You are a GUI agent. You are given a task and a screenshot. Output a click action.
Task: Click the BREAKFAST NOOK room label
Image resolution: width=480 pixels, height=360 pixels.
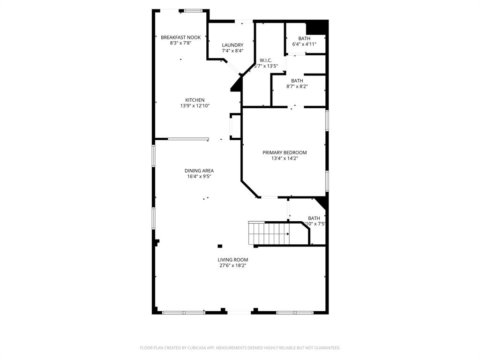pyautogui.click(x=180, y=37)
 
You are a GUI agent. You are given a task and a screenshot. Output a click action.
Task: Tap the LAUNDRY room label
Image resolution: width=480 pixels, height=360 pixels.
pyautogui.click(x=232, y=45)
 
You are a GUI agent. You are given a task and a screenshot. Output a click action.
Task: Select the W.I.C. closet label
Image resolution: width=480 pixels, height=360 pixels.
pyautogui.click(x=266, y=60)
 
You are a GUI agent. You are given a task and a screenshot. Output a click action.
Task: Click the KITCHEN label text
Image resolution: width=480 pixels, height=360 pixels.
pyautogui.click(x=195, y=100)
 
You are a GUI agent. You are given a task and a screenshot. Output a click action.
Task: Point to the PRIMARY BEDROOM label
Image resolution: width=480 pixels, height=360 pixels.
pyautogui.click(x=285, y=152)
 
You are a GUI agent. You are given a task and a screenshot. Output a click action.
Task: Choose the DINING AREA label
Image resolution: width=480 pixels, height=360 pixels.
pyautogui.click(x=199, y=171)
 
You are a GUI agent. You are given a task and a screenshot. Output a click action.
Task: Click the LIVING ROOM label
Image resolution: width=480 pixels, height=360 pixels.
pyautogui.click(x=232, y=260)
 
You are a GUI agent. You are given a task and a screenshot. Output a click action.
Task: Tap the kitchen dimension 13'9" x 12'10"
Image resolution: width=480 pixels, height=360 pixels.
pyautogui.click(x=195, y=106)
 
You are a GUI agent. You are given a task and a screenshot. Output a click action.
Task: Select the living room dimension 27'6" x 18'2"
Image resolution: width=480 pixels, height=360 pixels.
pyautogui.click(x=232, y=265)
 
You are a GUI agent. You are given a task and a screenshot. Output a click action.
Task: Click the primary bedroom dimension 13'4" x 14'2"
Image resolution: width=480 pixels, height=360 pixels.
pyautogui.click(x=285, y=158)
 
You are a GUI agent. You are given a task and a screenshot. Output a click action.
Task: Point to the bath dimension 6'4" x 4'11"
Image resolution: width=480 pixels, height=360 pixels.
pyautogui.click(x=304, y=45)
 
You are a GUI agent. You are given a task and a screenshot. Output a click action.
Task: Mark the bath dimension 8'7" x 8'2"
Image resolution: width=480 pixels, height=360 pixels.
pyautogui.click(x=297, y=86)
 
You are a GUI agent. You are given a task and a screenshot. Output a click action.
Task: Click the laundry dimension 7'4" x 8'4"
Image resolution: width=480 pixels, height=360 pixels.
pyautogui.click(x=232, y=51)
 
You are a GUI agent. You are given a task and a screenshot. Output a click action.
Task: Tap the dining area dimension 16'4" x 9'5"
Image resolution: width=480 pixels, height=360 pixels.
pyautogui.click(x=199, y=177)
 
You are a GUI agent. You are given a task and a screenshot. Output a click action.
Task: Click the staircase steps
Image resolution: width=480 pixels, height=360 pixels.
pyautogui.click(x=270, y=233)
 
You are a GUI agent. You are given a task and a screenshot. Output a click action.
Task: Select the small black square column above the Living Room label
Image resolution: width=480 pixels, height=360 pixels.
pyautogui.click(x=220, y=246)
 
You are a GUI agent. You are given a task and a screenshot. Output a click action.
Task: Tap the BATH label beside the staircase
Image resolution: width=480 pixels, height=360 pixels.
pyautogui.click(x=314, y=218)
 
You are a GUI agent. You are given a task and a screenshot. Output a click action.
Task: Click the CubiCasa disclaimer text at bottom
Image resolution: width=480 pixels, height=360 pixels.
pyautogui.click(x=240, y=348)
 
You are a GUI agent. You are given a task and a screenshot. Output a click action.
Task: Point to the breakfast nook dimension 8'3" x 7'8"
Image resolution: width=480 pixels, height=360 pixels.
pyautogui.click(x=180, y=43)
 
